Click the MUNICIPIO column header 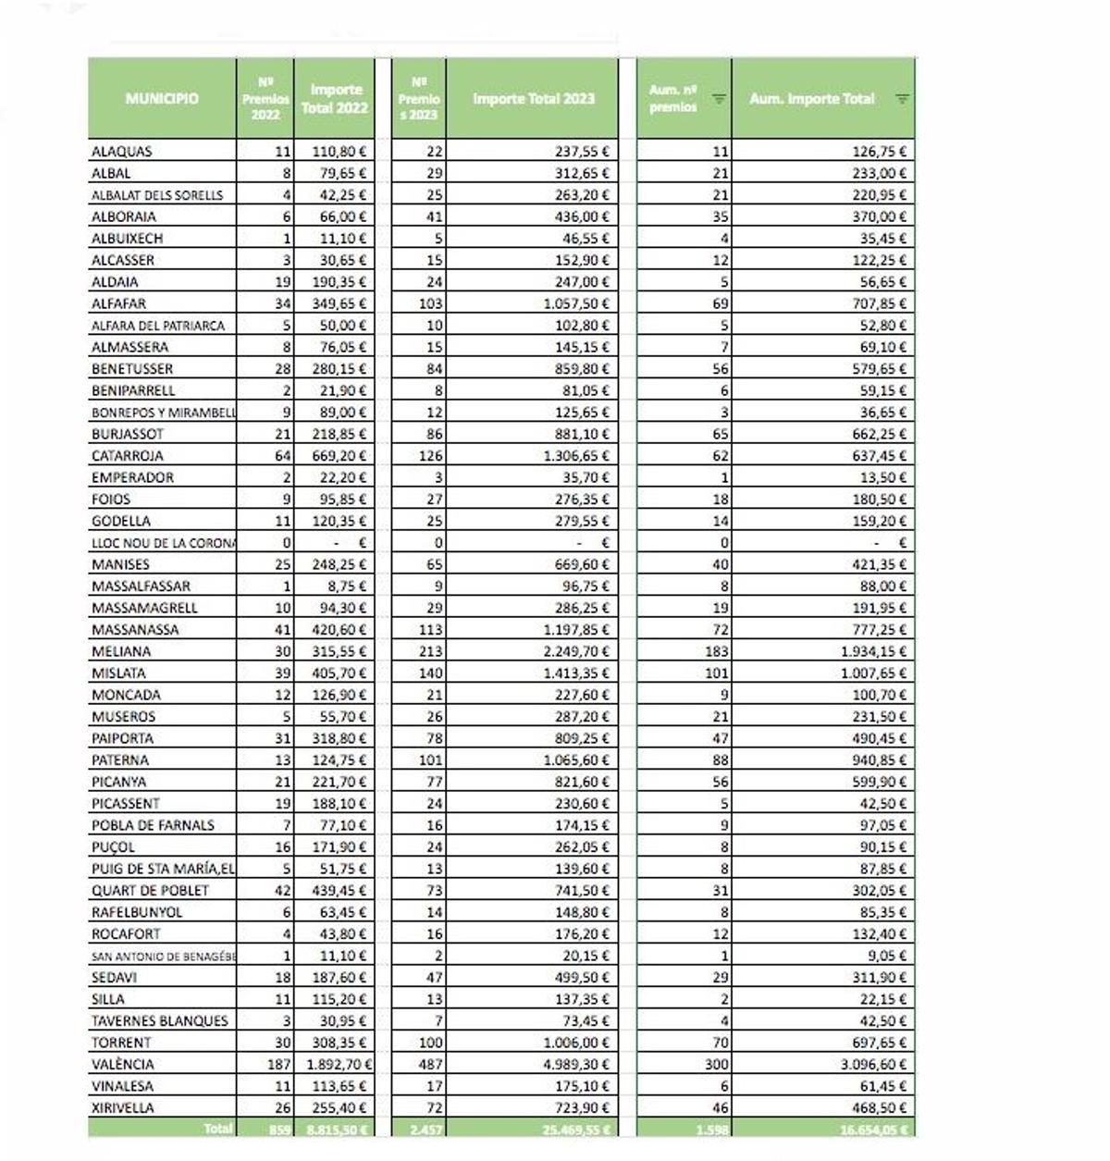pos(162,98)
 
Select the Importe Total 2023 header pos(533,98)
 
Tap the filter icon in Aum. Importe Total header pos(902,99)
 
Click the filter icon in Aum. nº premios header pos(719,99)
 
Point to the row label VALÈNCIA pos(123,1064)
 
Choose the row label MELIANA pos(121,651)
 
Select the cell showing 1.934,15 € pos(874,651)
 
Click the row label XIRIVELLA pos(123,1107)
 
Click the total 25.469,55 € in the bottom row pos(573,1129)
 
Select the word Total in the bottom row pos(217,1129)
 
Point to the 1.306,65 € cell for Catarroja pos(576,456)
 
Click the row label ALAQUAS pos(122,152)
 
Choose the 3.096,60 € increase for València pos(873,1064)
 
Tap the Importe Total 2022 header pos(335,98)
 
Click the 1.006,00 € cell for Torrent pos(576,1043)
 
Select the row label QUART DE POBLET pos(151,890)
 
